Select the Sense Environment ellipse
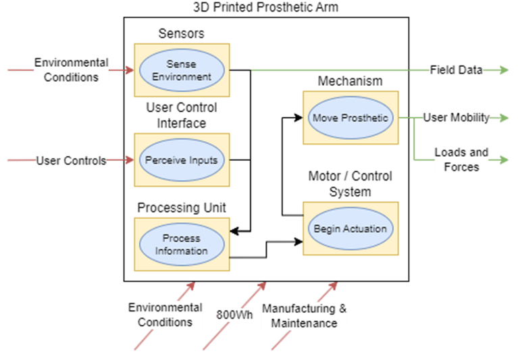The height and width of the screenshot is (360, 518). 180,70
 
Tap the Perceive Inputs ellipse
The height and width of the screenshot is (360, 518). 180,160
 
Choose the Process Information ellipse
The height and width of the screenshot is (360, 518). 181,245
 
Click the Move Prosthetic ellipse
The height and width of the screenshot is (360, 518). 350,118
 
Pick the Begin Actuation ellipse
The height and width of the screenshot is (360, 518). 350,228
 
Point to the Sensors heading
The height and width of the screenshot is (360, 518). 181,33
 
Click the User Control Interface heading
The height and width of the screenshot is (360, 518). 181,115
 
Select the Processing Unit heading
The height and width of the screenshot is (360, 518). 182,207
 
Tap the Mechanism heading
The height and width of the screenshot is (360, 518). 350,81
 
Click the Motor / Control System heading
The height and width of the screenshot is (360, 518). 350,184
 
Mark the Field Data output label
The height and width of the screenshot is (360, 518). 457,70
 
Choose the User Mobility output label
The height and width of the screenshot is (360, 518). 456,118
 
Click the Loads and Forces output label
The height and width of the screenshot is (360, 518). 461,159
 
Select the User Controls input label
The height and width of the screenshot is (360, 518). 72,161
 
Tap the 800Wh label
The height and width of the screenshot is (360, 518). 234,315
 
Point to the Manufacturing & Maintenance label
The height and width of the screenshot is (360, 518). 304,315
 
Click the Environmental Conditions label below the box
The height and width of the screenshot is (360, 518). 165,315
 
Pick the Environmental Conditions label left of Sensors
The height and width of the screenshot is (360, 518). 72,70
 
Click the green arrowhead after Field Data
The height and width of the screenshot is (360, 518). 504,70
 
